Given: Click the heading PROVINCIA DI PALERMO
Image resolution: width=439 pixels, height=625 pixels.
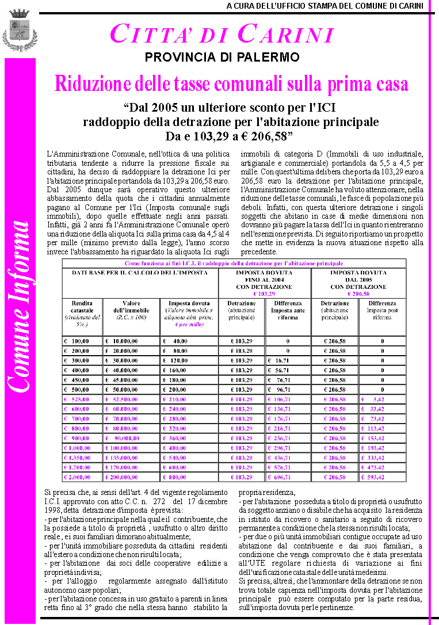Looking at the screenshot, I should point(222,58).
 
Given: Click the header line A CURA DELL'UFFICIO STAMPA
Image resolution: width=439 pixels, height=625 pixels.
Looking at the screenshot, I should point(325,6).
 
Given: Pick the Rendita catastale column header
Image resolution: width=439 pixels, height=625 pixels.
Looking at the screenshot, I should point(83,313).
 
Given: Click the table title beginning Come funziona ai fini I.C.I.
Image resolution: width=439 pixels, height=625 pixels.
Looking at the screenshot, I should point(234,263).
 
